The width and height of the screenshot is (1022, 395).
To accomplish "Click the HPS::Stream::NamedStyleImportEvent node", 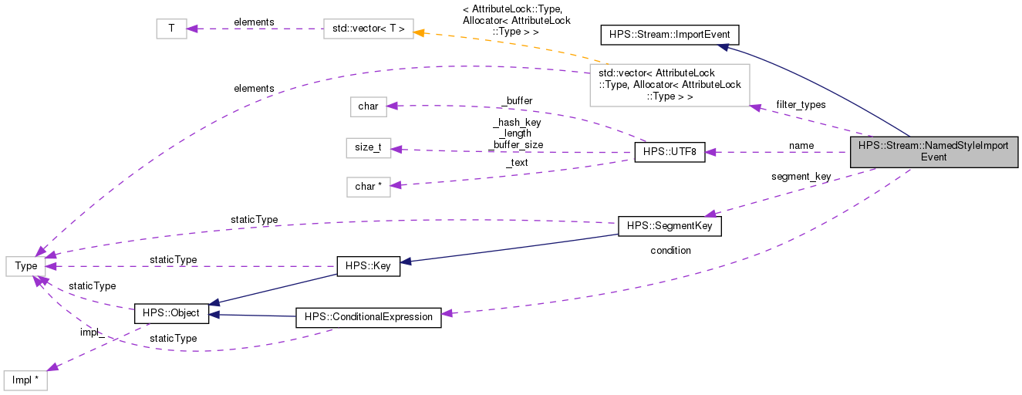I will pyautogui.click(x=933, y=150).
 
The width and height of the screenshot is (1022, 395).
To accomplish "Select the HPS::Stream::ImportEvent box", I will pyautogui.click(x=670, y=34).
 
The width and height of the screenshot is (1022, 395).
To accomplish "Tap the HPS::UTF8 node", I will pyautogui.click(x=669, y=152).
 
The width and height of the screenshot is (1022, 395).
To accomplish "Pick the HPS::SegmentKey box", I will pyautogui.click(x=669, y=225).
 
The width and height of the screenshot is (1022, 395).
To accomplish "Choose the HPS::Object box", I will pyautogui.click(x=170, y=313).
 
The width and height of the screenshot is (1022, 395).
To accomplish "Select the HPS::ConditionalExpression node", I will pyautogui.click(x=369, y=317).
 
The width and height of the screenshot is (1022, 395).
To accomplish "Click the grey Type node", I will pyautogui.click(x=26, y=266).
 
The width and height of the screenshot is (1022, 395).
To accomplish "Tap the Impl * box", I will pyautogui.click(x=25, y=380).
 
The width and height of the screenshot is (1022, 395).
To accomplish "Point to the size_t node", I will pyautogui.click(x=368, y=147).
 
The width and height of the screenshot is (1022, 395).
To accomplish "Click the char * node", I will pyautogui.click(x=368, y=186).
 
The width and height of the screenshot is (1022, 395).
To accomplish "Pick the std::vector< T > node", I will pyautogui.click(x=368, y=29).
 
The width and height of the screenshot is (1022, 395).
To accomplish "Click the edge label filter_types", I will pyautogui.click(x=801, y=104).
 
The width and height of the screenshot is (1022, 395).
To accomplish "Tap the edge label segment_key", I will pyautogui.click(x=801, y=176).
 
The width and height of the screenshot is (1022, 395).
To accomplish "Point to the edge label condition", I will pyautogui.click(x=670, y=250).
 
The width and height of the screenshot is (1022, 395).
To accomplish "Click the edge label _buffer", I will pyautogui.click(x=516, y=100).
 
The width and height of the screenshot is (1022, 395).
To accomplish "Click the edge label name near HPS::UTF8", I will pyautogui.click(x=801, y=145).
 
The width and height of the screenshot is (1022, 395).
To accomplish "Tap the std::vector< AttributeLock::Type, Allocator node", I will pyautogui.click(x=669, y=85).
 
